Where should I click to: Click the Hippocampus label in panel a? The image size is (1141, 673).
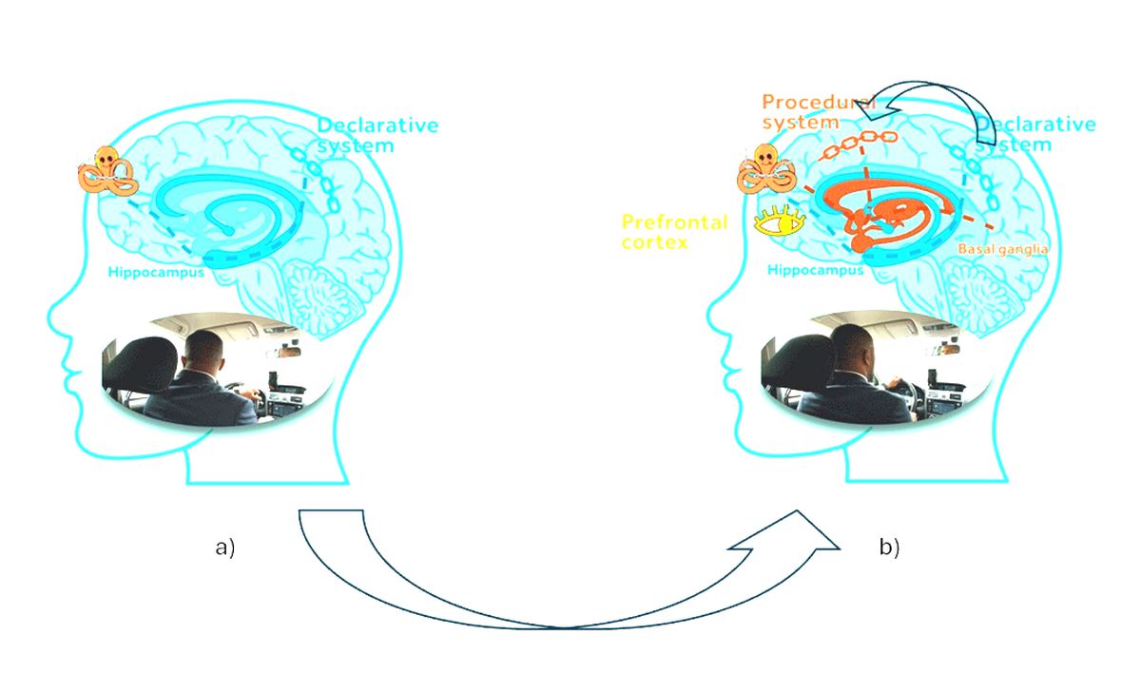pos(156,273)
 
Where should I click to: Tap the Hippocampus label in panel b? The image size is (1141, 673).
pos(816,270)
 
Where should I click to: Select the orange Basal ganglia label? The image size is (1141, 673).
pos(1003,249)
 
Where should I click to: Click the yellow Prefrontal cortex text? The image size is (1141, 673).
pos(674,232)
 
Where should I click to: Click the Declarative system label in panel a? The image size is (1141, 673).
pos(377,135)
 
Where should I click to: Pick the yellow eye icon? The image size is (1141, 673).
pos(780,221)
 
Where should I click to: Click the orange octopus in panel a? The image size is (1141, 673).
pos(108,171)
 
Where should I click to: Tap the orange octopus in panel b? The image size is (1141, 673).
pos(766,169)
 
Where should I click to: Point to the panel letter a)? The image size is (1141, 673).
pos(225,548)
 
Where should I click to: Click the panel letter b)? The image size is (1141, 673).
pos(889,548)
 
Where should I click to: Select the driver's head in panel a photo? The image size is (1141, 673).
pos(203,352)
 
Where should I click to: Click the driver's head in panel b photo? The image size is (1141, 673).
pos(853,347)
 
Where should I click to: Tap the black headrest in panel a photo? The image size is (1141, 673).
pos(139,364)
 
